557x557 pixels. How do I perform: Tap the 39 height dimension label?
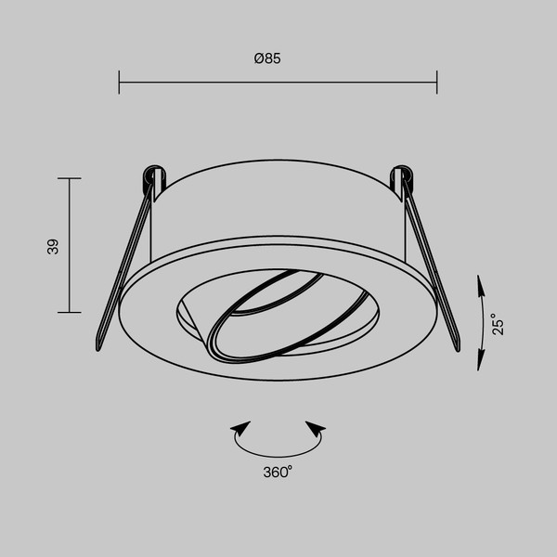click(x=53, y=246)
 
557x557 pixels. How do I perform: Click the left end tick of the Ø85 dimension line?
click(x=120, y=83)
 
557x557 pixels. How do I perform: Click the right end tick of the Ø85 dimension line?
click(x=436, y=83)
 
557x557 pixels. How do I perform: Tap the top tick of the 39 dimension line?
click(x=70, y=178)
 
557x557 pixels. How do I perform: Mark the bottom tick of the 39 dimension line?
click(x=70, y=312)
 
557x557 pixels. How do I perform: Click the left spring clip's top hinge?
click(x=150, y=174)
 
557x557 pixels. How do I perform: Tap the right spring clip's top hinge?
click(x=404, y=173)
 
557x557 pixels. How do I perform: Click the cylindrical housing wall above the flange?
click(x=278, y=209)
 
